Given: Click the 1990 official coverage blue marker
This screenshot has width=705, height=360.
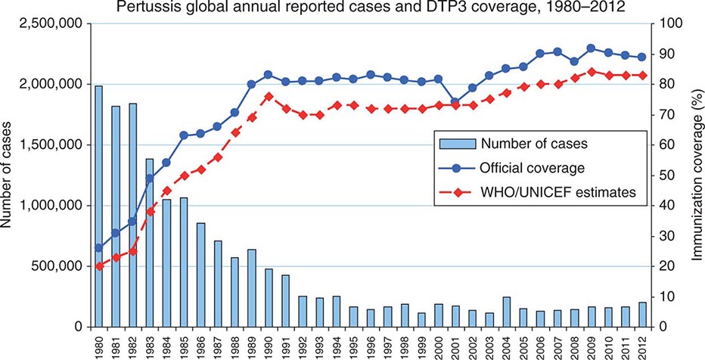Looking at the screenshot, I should click(x=269, y=75).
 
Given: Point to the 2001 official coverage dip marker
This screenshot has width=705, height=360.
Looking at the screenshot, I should click(x=455, y=102).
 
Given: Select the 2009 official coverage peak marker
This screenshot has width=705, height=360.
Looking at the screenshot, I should click(x=592, y=48).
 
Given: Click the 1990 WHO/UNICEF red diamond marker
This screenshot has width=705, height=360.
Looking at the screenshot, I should click(x=269, y=96).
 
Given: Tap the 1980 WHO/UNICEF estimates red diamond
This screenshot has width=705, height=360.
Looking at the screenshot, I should click(x=99, y=266).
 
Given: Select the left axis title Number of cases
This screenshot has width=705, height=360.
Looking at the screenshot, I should click(x=11, y=175).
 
